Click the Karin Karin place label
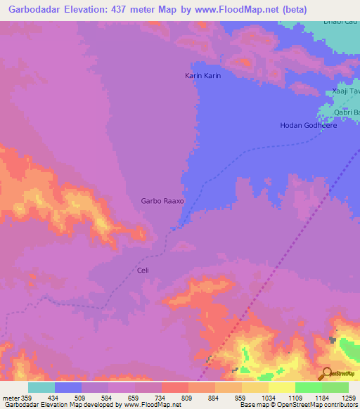pyautogui.click(x=203, y=74)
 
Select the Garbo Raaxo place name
pyautogui.click(x=162, y=200)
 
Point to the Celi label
pyautogui.click(x=143, y=270)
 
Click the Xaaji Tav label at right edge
pyautogui.click(x=345, y=92)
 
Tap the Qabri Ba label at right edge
pyautogui.click(x=346, y=112)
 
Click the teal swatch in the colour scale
pyautogui.click(x=41, y=387)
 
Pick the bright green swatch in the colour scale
pyautogui.click(x=308, y=387)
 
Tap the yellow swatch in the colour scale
pyautogui.click(x=281, y=387)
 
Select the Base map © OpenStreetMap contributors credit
pyautogui.click(x=297, y=405)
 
